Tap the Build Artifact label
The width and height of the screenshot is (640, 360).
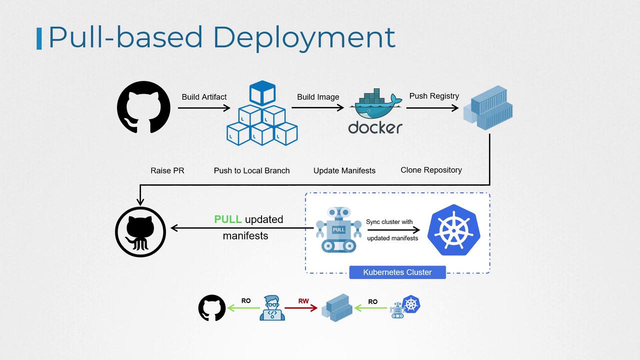pyautogui.click(x=204, y=97)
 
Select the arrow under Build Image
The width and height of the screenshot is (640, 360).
pyautogui.click(x=318, y=107)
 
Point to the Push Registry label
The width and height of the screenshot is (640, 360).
pyautogui.click(x=434, y=96)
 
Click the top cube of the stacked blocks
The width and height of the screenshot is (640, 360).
pyautogui.click(x=262, y=93)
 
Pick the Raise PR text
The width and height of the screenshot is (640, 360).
pyautogui.click(x=167, y=170)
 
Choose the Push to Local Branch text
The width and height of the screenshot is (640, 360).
pyautogui.click(x=251, y=170)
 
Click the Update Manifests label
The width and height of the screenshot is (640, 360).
pyautogui.click(x=344, y=170)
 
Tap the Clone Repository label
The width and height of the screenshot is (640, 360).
pyautogui.click(x=431, y=170)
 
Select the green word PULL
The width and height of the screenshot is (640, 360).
pyautogui.click(x=228, y=219)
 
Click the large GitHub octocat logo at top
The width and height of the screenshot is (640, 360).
pyautogui.click(x=143, y=107)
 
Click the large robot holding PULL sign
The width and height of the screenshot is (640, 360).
pyautogui.click(x=338, y=229)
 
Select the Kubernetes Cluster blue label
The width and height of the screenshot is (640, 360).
pyautogui.click(x=397, y=272)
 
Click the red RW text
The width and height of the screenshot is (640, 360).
pyautogui.click(x=303, y=301)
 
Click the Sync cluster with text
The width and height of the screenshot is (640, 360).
pyautogui.click(x=389, y=221)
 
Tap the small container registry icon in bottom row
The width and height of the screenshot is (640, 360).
pyautogui.click(x=337, y=307)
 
